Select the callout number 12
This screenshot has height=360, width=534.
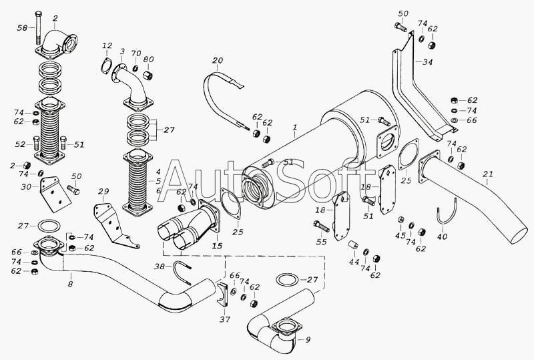(x=107, y=45)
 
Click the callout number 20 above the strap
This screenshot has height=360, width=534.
(x=217, y=61)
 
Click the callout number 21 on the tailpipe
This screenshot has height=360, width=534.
(x=489, y=175)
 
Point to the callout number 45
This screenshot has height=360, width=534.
(x=400, y=236)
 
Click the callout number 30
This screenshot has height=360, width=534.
(x=26, y=188)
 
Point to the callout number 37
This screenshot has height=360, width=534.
(x=225, y=320)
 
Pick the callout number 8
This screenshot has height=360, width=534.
(x=71, y=285)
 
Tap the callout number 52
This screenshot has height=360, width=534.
(x=21, y=144)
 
